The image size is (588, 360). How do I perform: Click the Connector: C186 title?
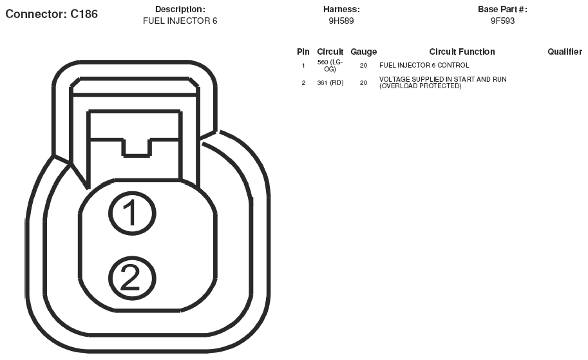[52, 14]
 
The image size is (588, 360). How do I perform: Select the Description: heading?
[180, 10]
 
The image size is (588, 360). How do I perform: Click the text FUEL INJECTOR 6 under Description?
[180, 21]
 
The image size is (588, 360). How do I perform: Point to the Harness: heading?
[341, 10]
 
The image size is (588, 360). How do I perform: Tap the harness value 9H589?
[341, 21]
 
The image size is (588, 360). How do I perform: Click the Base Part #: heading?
[502, 10]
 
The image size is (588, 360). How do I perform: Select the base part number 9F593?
[502, 21]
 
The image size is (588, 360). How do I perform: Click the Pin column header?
[303, 52]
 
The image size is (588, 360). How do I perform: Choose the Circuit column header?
[330, 52]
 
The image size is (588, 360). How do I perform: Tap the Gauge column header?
[364, 52]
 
